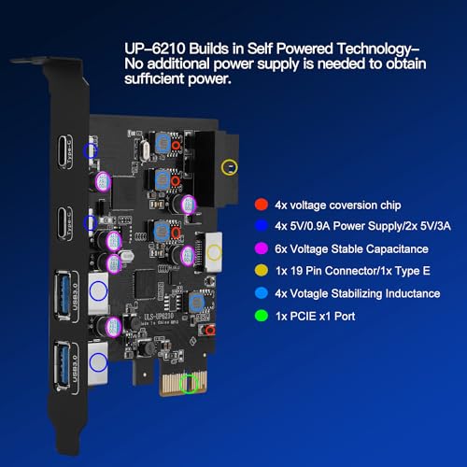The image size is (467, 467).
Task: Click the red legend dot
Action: tap(261, 204)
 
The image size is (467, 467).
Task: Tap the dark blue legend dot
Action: tap(261, 225)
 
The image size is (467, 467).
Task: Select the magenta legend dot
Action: tap(261, 248)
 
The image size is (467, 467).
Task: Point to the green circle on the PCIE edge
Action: tap(191, 384)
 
